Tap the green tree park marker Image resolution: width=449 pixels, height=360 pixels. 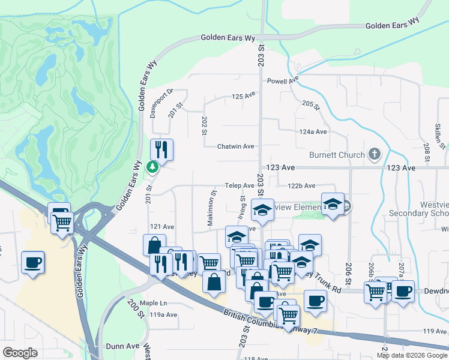coord(154,166)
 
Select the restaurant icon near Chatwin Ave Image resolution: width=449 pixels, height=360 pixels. coord(161,149)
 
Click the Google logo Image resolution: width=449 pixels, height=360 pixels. coord(20,353)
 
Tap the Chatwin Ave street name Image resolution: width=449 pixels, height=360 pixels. coord(235,146)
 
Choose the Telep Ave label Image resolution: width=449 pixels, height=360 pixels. coord(240,186)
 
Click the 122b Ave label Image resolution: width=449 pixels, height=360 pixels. coord(301,186)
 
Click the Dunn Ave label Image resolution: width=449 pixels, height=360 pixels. coord(122,346)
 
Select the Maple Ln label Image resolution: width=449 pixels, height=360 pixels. coord(153,303)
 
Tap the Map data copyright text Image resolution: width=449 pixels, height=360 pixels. coord(411,355)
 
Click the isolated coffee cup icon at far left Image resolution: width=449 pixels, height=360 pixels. coord(32,262)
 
